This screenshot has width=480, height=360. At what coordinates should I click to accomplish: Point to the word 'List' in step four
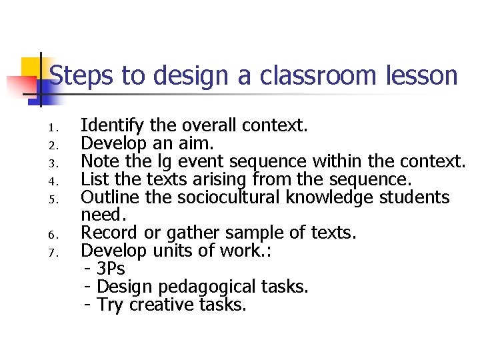click(94, 179)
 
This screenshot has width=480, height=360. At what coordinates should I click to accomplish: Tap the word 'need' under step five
click(102, 215)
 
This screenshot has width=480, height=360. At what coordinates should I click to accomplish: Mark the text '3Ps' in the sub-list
click(111, 269)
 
